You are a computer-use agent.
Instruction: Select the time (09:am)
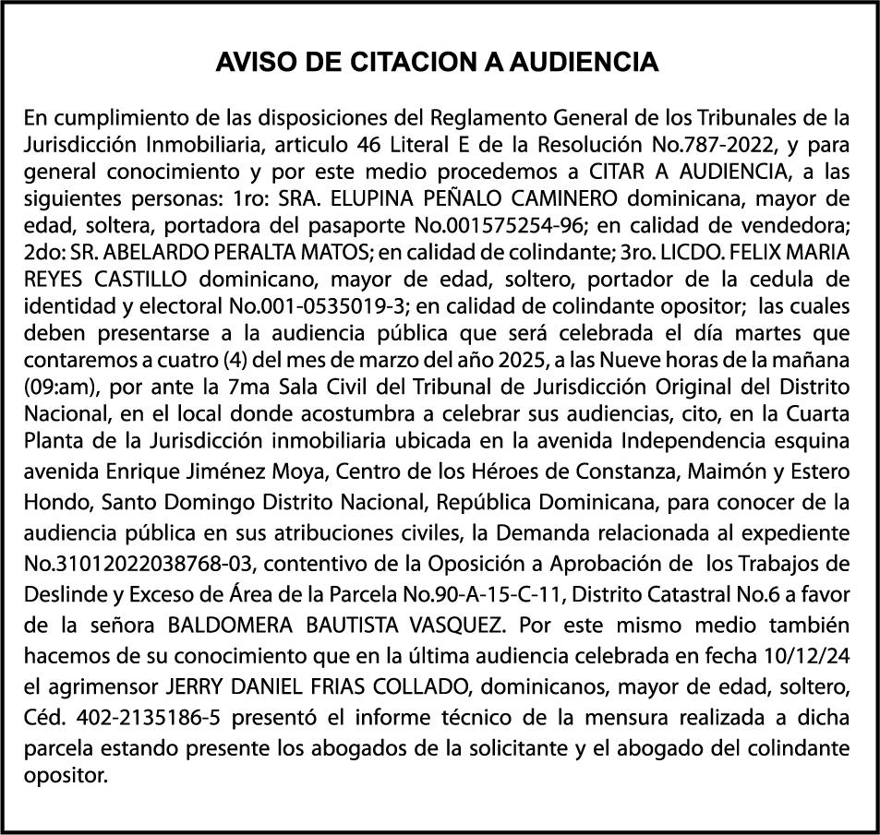point(56,381)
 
